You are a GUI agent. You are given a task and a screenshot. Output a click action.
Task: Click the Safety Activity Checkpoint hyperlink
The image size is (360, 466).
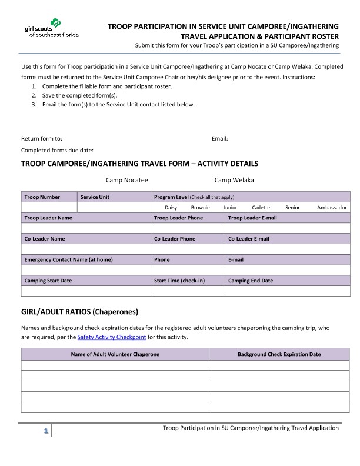(111, 337)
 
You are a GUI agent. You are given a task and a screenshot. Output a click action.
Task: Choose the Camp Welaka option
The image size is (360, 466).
(234, 180)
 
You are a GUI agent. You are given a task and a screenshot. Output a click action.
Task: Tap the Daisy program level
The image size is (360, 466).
(171, 208)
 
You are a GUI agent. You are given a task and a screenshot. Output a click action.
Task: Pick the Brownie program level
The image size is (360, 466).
(201, 208)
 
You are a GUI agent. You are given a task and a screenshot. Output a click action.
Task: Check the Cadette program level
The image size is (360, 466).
(261, 208)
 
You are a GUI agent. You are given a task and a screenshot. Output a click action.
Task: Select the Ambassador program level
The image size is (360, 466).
(332, 208)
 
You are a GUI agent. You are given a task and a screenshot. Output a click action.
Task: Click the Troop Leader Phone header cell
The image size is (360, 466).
(178, 218)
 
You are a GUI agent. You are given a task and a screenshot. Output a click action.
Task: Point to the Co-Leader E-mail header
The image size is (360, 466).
(248, 239)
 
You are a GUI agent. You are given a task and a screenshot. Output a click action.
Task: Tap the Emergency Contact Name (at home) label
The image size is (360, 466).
(68, 259)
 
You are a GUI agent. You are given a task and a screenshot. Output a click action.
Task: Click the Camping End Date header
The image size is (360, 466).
(250, 281)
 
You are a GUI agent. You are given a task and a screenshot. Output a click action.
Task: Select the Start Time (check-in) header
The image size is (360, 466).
(179, 281)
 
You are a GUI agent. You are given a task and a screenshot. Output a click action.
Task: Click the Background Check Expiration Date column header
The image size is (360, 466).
(279, 354)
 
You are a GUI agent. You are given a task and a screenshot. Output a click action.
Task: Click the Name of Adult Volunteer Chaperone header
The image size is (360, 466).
(115, 354)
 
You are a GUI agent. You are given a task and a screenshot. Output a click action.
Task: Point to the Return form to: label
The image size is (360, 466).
(42, 139)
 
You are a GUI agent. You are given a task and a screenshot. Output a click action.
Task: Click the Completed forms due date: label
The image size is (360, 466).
(57, 151)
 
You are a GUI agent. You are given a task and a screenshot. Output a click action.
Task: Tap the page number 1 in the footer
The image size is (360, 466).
(45, 432)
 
